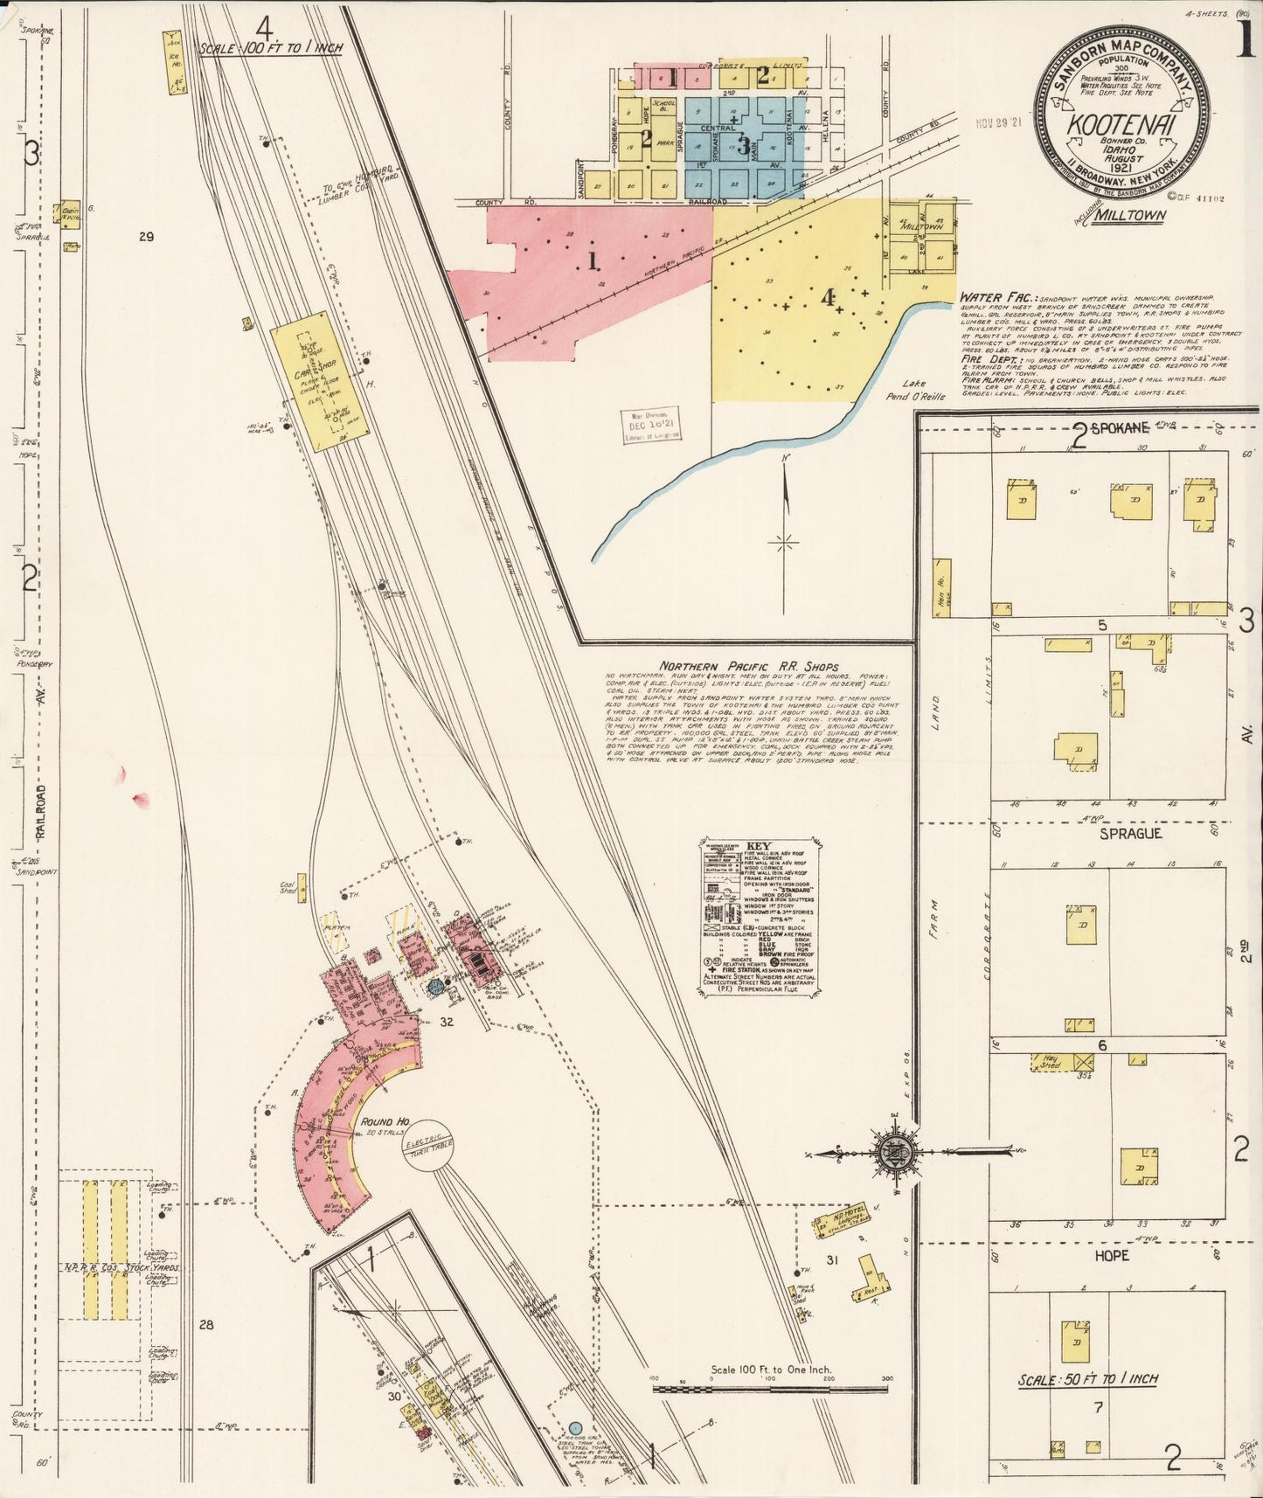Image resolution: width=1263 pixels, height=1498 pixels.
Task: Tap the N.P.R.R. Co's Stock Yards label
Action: click(x=121, y=1267)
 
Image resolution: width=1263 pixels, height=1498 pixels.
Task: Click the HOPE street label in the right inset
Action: click(x=1111, y=1255)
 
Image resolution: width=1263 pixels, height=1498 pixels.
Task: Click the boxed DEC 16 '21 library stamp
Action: click(x=653, y=426)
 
